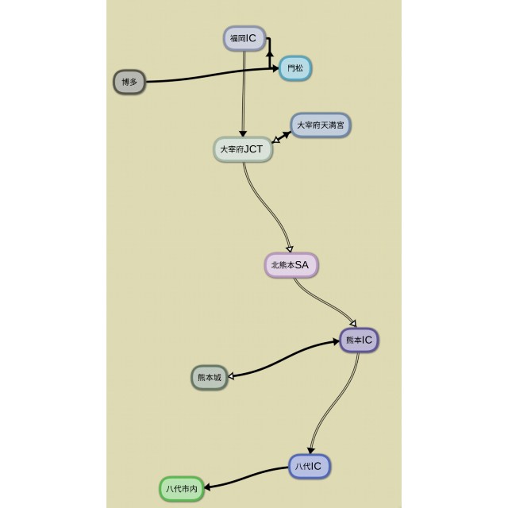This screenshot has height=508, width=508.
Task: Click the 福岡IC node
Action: [x=243, y=38]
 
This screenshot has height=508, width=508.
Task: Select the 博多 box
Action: [x=129, y=82]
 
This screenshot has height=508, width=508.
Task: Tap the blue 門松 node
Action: [x=294, y=69]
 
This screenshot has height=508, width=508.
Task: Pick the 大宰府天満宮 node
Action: [x=320, y=125]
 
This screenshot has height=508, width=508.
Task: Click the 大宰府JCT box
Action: [x=242, y=149]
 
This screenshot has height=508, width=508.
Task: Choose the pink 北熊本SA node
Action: [x=291, y=265]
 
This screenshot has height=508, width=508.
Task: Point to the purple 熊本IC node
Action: [x=360, y=341]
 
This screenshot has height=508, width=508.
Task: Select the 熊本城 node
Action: [x=210, y=378]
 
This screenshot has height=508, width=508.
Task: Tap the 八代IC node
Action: [x=309, y=466]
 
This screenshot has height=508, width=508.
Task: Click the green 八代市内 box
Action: [x=182, y=489]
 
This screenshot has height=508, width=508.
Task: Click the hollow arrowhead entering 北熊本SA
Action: [x=290, y=248]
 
